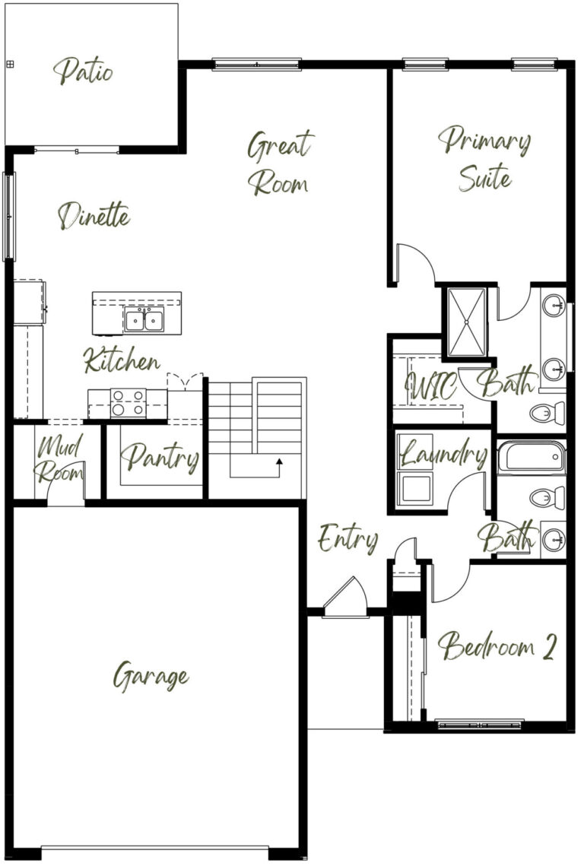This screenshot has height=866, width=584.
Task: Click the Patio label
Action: point(84,71)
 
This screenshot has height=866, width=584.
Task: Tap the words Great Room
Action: point(280,163)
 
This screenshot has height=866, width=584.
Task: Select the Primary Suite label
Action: point(484,159)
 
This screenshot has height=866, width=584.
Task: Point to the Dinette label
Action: point(94,216)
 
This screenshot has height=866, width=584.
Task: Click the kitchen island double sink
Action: point(144,320)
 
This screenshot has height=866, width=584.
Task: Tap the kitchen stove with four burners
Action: point(129,403)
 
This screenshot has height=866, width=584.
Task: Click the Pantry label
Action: point(160,458)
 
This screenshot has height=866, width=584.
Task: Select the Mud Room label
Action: point(59,458)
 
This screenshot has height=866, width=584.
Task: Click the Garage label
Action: point(151,676)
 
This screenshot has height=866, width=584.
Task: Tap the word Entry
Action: point(348,538)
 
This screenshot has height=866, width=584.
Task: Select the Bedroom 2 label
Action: point(497,646)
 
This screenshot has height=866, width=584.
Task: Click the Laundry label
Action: point(443,454)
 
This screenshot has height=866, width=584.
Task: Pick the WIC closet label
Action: point(431,385)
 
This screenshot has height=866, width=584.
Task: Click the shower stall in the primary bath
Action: point(467,322)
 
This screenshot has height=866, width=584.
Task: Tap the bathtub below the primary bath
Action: point(532,457)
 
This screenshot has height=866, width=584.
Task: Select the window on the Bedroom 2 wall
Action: point(480,724)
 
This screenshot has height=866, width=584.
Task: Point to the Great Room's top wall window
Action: point(257,65)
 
